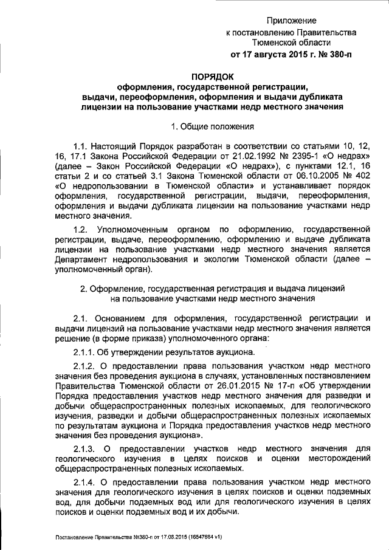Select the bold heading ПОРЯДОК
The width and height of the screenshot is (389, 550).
tap(212, 77)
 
